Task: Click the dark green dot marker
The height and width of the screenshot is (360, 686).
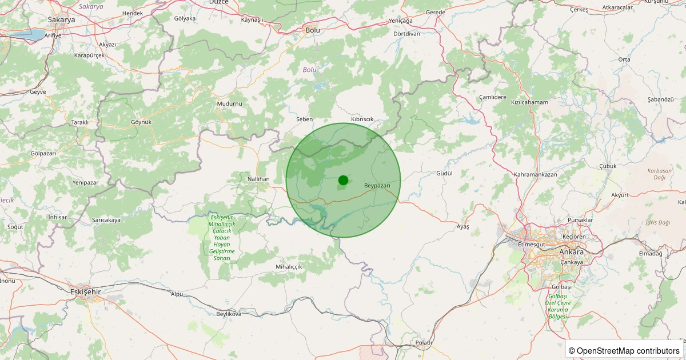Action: tap(343, 180)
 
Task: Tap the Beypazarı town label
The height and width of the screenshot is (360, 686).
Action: tap(377, 186)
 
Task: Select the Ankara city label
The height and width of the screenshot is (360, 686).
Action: tap(571, 252)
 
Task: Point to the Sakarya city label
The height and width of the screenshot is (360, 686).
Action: tap(61, 19)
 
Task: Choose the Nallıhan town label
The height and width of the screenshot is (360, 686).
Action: tap(258, 179)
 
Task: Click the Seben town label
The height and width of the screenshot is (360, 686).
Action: tap(304, 119)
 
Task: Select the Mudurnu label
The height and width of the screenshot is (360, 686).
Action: tap(230, 103)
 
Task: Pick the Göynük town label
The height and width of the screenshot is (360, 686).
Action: tap(141, 122)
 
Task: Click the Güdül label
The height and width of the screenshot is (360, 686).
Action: tap(444, 173)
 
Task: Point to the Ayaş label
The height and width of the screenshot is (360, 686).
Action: tap(462, 227)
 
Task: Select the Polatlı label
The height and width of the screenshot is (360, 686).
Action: tap(424, 342)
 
